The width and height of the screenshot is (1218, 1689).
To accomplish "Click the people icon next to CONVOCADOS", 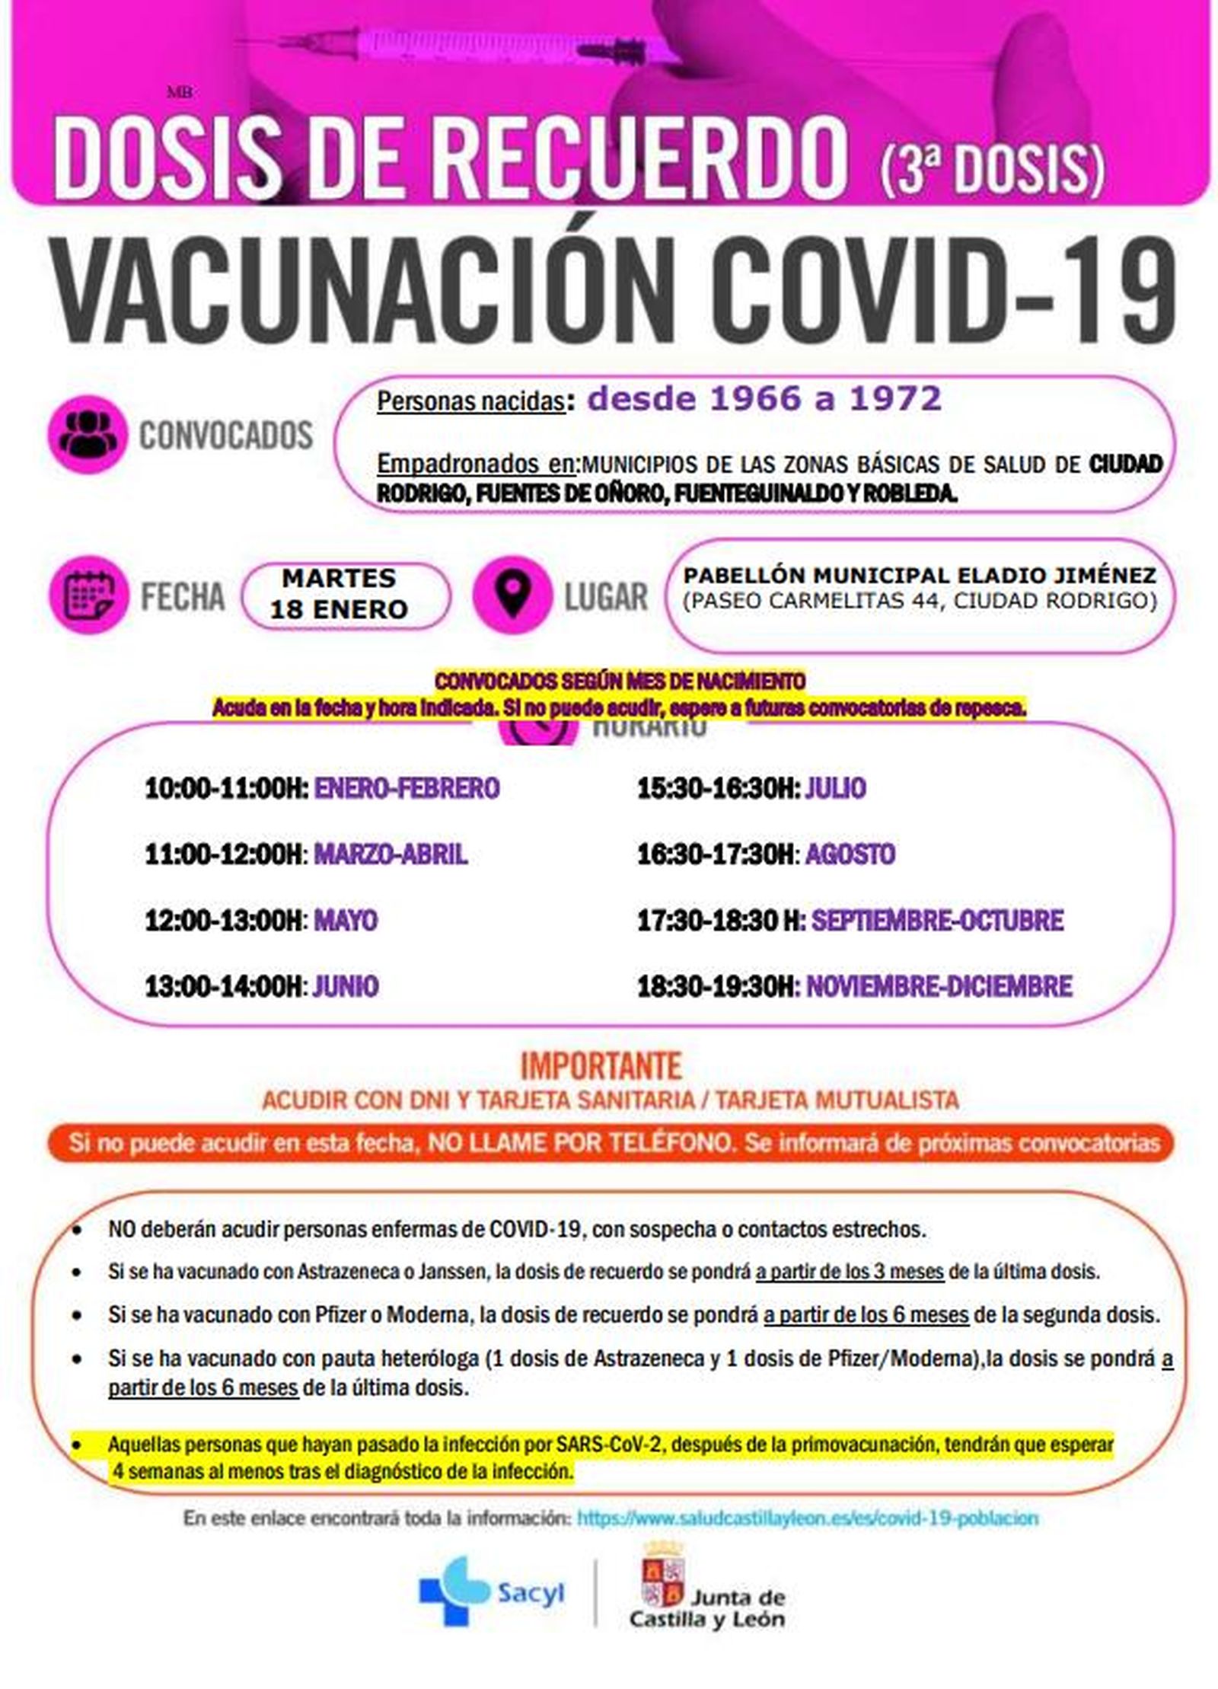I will [87, 435].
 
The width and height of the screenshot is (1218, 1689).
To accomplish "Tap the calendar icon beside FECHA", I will [87, 595].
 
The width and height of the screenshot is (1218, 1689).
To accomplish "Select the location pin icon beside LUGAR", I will [512, 595].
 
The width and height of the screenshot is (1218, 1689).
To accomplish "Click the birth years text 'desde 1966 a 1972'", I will [764, 398].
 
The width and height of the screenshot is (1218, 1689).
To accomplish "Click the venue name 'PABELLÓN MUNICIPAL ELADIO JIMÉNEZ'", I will [920, 575].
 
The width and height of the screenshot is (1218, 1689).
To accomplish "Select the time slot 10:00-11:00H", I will [226, 788].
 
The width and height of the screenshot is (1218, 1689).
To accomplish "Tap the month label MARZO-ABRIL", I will [391, 854].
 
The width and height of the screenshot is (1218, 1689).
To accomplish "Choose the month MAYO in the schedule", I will [346, 921].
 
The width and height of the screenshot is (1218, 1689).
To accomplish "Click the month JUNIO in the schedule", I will [346, 987].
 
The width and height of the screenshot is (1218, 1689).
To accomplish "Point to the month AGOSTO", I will [850, 854].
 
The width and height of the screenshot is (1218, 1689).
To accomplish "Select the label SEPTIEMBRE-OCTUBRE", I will [937, 921].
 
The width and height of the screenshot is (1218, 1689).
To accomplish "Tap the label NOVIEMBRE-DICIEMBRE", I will [939, 987].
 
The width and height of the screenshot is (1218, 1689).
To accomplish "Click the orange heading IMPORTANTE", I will [601, 1067].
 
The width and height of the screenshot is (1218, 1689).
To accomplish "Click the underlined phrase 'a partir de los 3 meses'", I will [850, 1271].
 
